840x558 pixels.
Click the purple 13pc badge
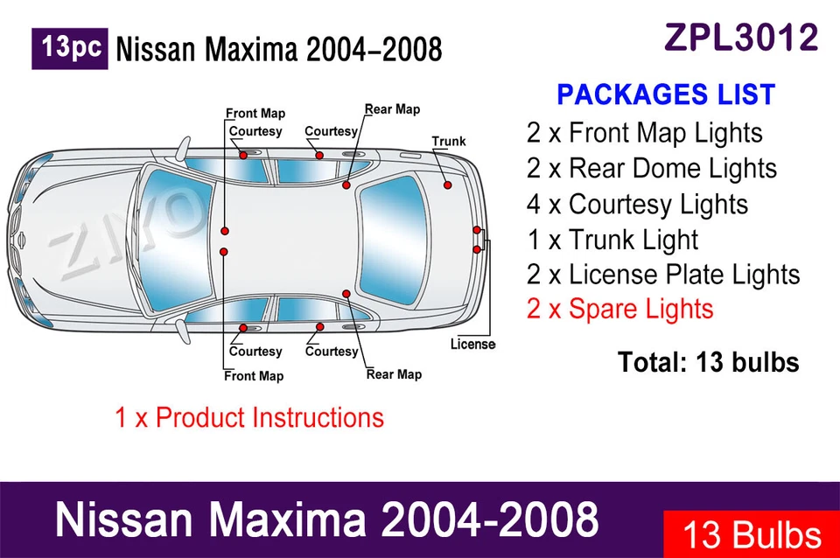(70, 49)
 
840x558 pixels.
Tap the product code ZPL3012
(741, 38)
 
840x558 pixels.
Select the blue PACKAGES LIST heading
(666, 94)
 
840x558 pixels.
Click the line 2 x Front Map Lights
(645, 133)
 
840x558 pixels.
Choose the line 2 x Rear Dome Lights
(652, 168)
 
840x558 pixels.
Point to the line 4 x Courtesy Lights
(637, 204)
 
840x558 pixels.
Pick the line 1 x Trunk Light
(612, 239)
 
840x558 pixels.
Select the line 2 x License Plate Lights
(663, 274)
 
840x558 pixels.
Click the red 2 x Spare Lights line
(619, 309)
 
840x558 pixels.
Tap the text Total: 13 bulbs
(708, 361)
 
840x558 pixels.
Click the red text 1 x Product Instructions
(249, 417)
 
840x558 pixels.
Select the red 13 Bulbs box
(751, 534)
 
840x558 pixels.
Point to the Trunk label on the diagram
(449, 141)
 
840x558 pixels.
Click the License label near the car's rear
(472, 344)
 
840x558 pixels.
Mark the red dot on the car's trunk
(447, 186)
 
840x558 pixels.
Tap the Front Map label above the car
(255, 114)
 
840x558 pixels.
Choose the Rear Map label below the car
(394, 374)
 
